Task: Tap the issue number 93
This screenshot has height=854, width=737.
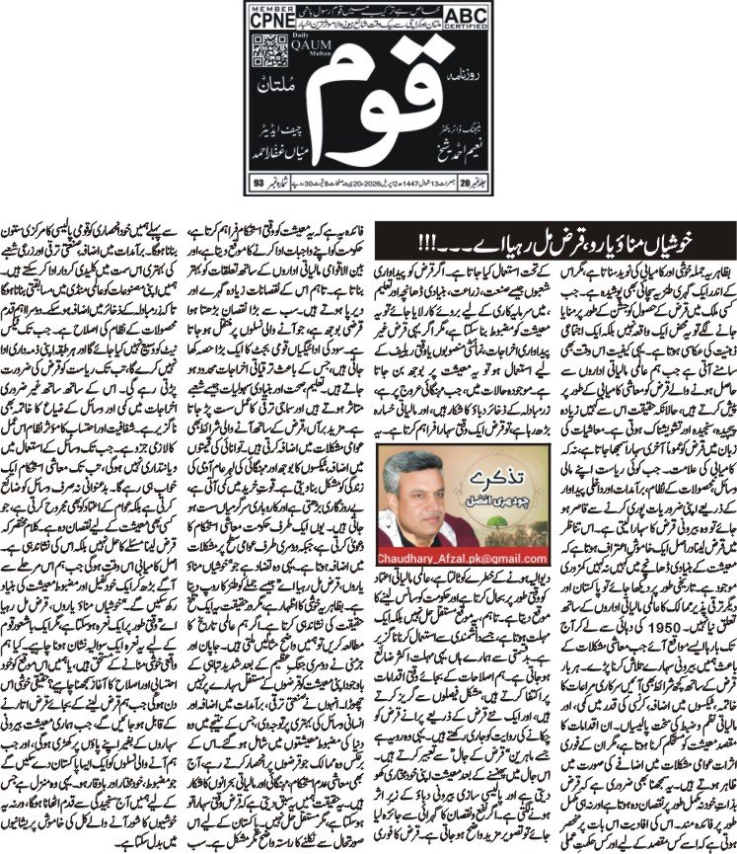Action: pos(259,184)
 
